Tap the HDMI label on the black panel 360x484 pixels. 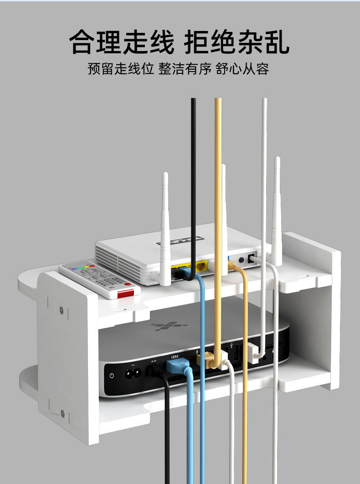tap(175, 356)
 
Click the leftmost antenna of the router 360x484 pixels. tap(165, 228)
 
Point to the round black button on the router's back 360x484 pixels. tap(241, 260)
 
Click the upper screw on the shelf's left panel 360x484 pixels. tap(62, 311)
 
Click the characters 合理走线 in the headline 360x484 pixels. tap(122, 43)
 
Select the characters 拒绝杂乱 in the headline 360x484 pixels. tap(237, 43)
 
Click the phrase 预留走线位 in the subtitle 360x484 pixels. tap(121, 69)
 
